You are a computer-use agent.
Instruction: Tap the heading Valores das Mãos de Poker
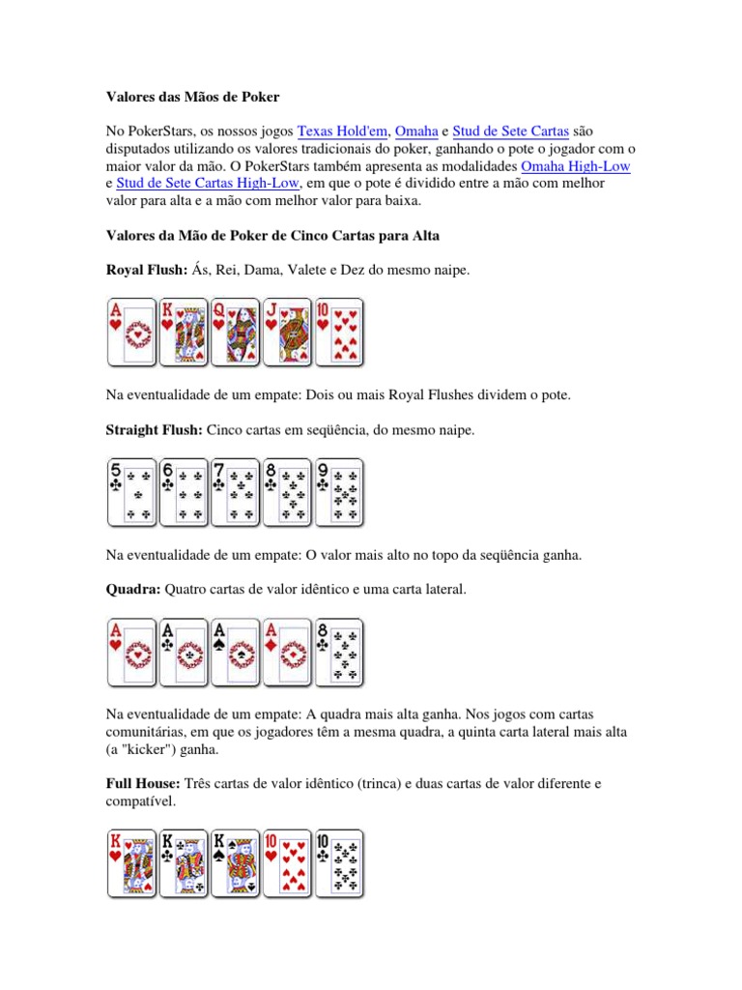pyautogui.click(x=192, y=98)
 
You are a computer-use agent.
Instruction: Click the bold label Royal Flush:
pyautogui.click(x=146, y=272)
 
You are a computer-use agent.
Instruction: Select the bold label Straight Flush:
pyautogui.click(x=154, y=430)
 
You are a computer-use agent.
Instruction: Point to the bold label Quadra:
pyautogui.click(x=133, y=589)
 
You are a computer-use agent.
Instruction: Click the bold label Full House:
pyautogui.click(x=142, y=783)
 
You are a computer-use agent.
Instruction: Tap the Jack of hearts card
pyautogui.click(x=288, y=332)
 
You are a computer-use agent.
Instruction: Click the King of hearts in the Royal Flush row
pyautogui.click(x=184, y=332)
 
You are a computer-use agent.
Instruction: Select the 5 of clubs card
pyautogui.click(x=131, y=491)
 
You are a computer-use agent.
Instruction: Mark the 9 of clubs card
pyautogui.click(x=340, y=491)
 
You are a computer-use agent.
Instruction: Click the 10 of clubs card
pyautogui.click(x=340, y=862)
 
